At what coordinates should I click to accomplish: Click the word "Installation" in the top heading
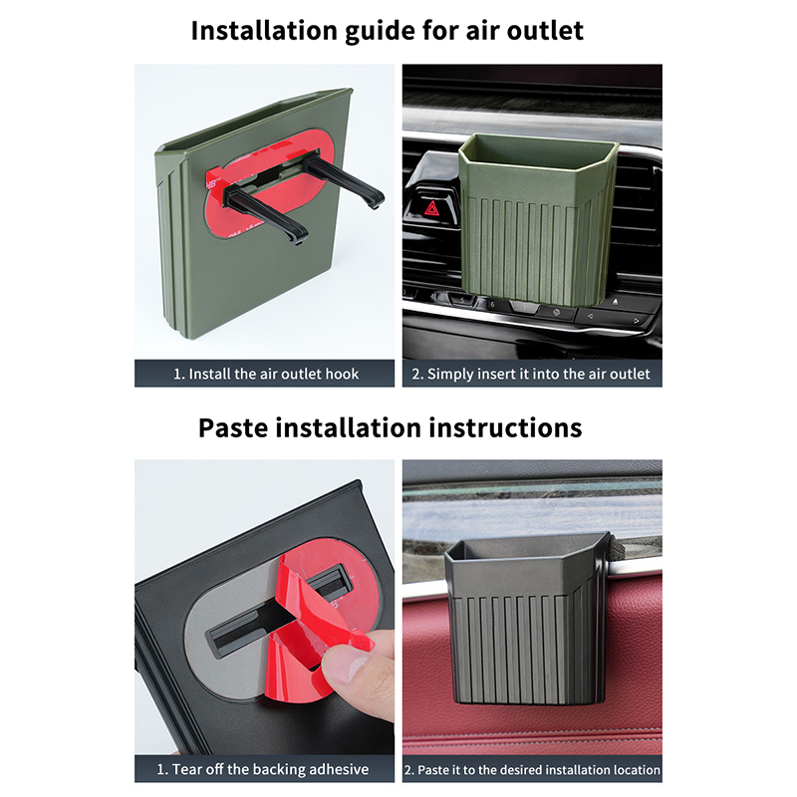pos(264,31)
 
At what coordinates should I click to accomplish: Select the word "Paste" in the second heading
pos(233,428)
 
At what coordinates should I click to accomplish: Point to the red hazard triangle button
pos(432,208)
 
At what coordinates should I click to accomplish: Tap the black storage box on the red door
pos(527,619)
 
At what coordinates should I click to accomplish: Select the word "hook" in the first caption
pos(342,375)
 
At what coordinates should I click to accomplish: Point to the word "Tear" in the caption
pos(188,769)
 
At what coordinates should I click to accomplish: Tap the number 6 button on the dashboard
pos(492,305)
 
